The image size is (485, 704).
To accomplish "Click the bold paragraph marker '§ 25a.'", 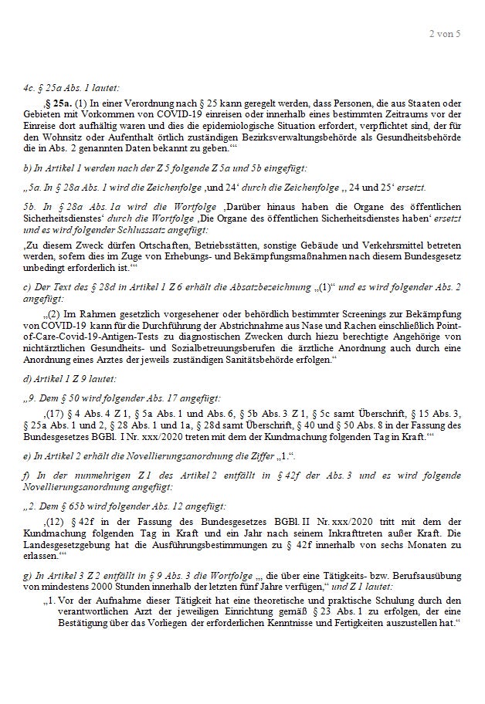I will tap(58, 103).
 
